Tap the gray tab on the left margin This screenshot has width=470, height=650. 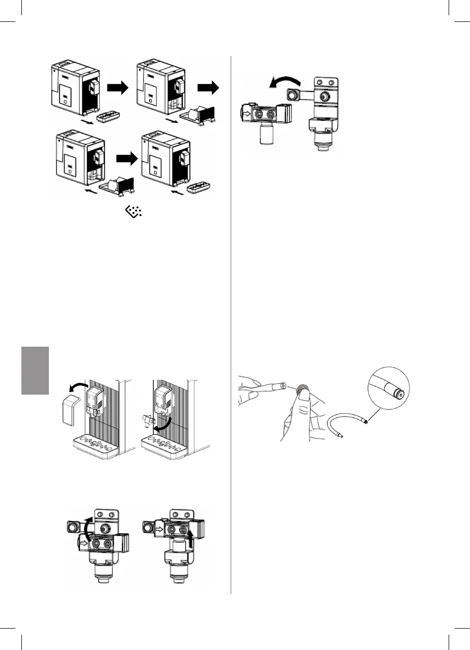pyautogui.click(x=35, y=370)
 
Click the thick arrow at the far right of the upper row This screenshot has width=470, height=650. pyautogui.click(x=208, y=89)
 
